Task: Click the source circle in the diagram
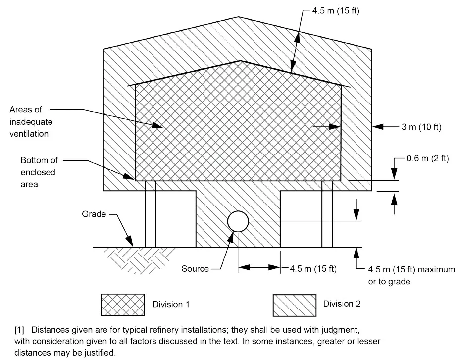pyautogui.click(x=238, y=221)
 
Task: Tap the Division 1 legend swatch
pyautogui.click(x=123, y=304)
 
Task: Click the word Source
pyautogui.click(x=195, y=269)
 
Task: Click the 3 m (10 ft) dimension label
pyautogui.click(x=421, y=127)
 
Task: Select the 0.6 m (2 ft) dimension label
pyautogui.click(x=427, y=159)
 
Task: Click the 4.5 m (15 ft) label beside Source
pyautogui.click(x=313, y=269)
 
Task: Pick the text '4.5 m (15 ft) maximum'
pyautogui.click(x=411, y=270)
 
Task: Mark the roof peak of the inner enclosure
pyautogui.click(x=241, y=61)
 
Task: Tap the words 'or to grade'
pyautogui.click(x=389, y=281)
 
